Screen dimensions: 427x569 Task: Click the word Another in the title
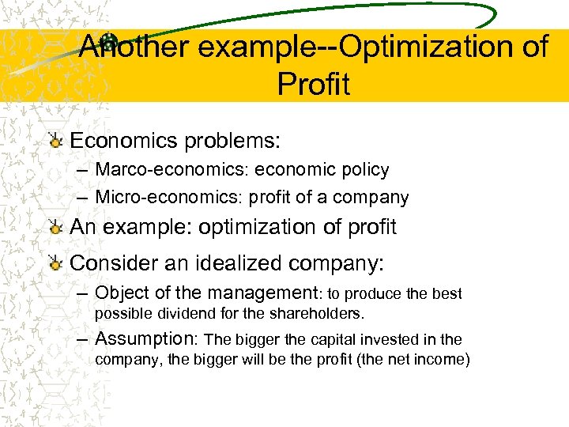134,47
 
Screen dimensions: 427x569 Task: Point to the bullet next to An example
55,229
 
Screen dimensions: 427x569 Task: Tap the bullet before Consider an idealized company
55,264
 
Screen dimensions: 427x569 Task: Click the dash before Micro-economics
83,198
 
